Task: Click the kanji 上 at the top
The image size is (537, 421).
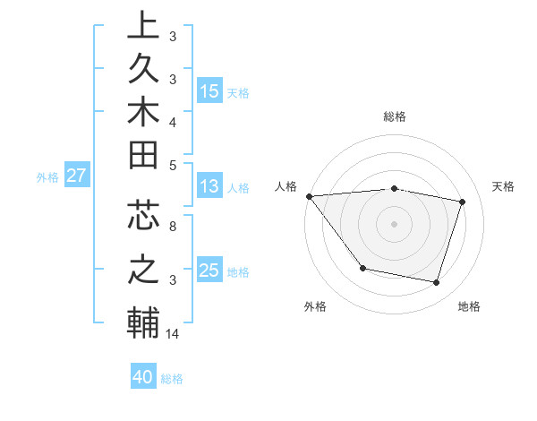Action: (x=142, y=27)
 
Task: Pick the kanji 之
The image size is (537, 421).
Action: (x=142, y=270)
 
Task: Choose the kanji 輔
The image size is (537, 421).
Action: (x=142, y=322)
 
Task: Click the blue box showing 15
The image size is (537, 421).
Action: (x=209, y=90)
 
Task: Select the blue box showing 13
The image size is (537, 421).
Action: (x=209, y=186)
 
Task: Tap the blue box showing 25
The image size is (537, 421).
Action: (x=209, y=271)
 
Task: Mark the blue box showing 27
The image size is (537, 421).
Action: (x=77, y=176)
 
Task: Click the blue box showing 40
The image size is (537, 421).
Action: (x=143, y=377)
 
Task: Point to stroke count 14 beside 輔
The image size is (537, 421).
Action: (x=173, y=334)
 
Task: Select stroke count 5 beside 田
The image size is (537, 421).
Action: (x=172, y=165)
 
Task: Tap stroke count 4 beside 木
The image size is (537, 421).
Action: (x=172, y=121)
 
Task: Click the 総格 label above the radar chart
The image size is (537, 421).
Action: (x=395, y=116)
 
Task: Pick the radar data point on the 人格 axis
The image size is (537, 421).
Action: (x=309, y=196)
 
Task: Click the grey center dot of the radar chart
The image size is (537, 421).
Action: (x=394, y=223)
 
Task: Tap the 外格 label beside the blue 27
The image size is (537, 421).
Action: (x=47, y=176)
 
